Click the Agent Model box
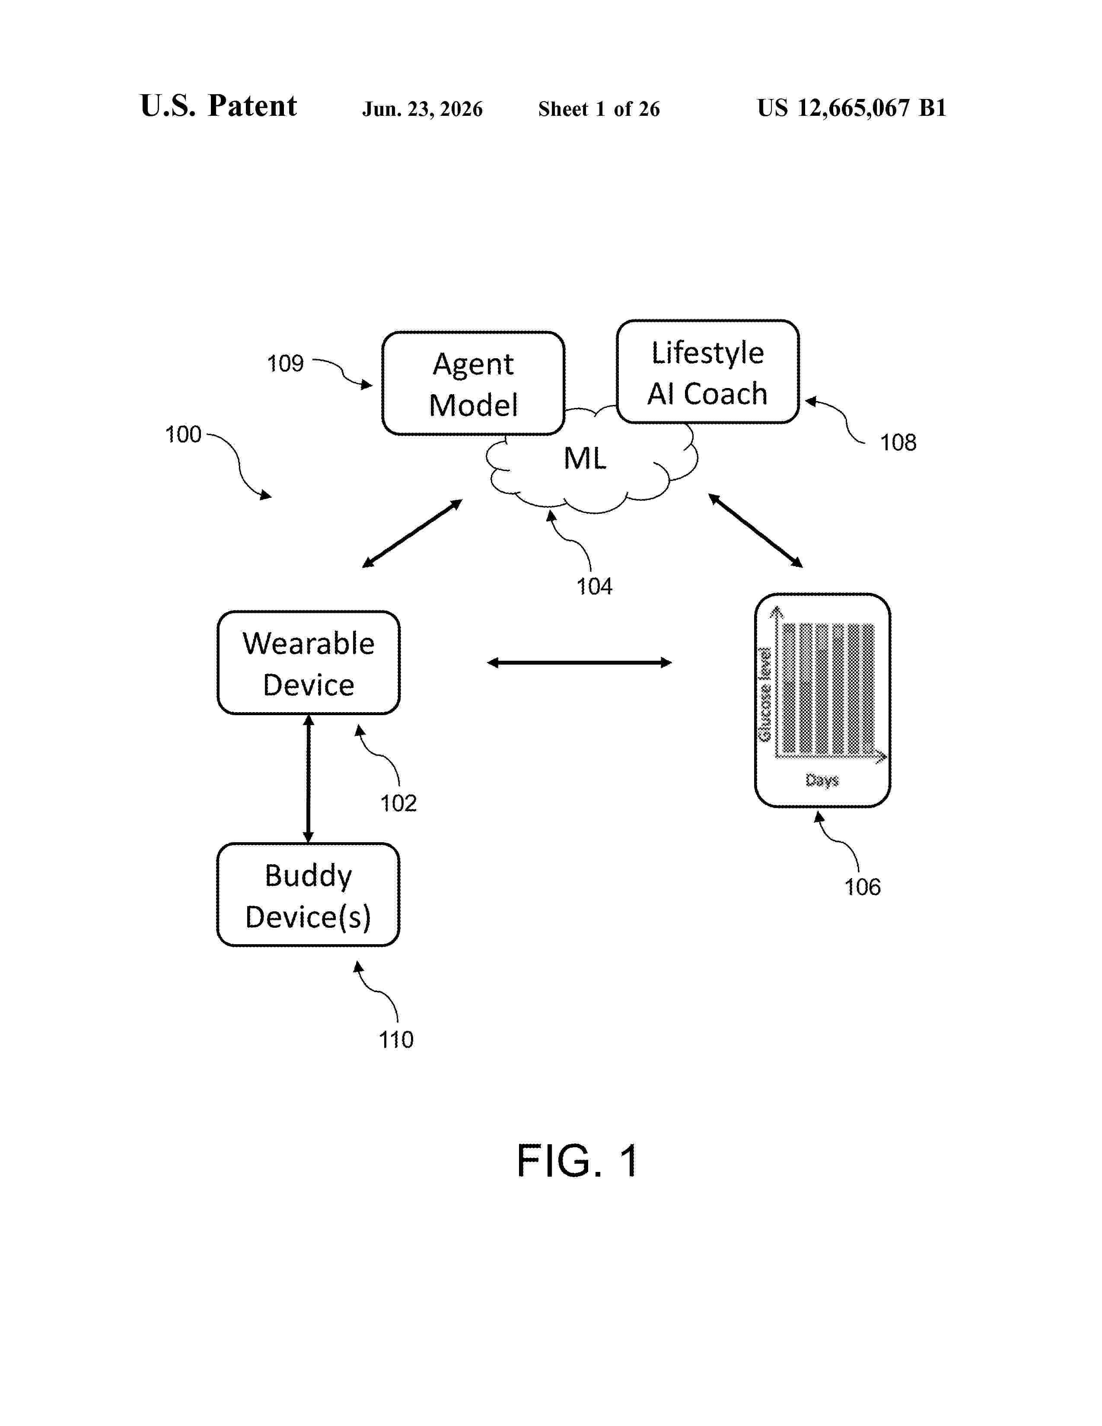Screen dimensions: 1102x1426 tap(473, 383)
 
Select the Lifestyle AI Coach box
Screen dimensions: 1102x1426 tap(708, 372)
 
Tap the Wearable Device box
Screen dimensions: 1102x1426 tap(309, 663)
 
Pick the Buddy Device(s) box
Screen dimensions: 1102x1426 tap(308, 894)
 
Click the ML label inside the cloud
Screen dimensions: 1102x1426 tap(585, 458)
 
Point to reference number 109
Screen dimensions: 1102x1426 tap(285, 364)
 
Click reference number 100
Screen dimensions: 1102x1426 tap(183, 434)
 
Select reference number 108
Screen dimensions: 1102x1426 tap(898, 442)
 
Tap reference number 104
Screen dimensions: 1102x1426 tap(594, 586)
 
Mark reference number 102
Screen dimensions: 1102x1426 tap(398, 803)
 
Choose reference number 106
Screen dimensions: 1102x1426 tap(863, 887)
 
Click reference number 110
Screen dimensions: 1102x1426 tap(395, 1039)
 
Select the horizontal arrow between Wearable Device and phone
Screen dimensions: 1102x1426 tap(580, 663)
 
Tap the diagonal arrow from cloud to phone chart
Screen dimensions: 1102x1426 tap(755, 530)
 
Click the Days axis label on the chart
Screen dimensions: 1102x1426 tap(822, 780)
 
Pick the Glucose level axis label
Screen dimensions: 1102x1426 tap(764, 695)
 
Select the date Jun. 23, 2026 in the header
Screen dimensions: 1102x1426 tap(422, 109)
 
